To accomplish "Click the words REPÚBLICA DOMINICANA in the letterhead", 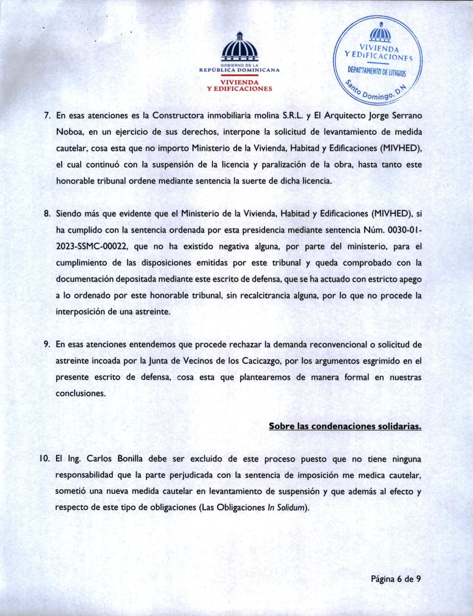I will coord(239,70).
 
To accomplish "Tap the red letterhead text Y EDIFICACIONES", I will coord(239,89).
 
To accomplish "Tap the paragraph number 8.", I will coord(47,214).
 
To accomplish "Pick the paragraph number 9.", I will coord(47,345).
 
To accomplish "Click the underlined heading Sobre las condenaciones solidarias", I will coord(345,426).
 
